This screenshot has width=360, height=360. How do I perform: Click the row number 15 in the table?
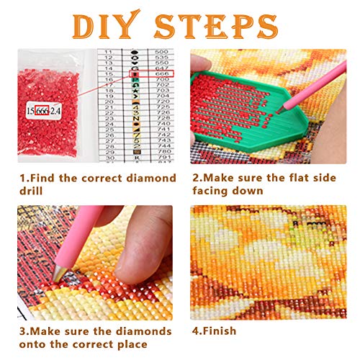coord(109,73)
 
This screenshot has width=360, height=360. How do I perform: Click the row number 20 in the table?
coord(109,102)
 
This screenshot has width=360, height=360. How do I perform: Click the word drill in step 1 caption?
coord(31,191)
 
